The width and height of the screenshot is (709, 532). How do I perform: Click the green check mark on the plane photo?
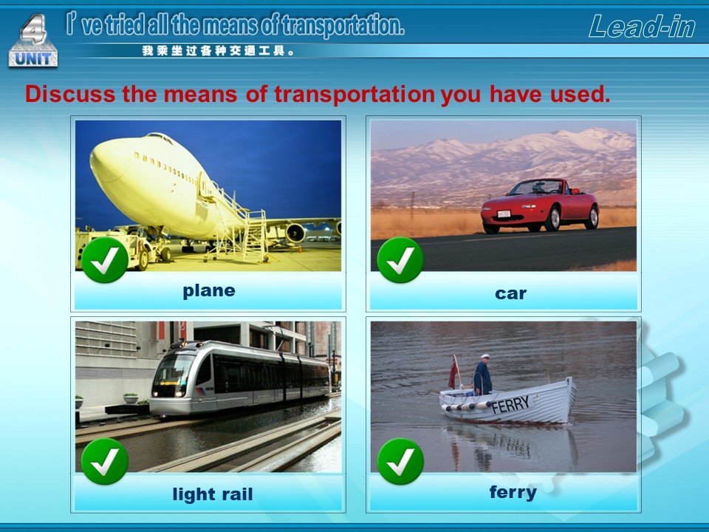(105, 260)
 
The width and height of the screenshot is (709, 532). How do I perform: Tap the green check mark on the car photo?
(400, 260)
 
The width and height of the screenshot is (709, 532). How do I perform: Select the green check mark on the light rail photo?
(105, 461)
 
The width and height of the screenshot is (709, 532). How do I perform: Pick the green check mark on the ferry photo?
(400, 461)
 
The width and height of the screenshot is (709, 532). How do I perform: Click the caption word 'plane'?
(209, 291)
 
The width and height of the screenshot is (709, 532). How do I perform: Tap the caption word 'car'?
(510, 293)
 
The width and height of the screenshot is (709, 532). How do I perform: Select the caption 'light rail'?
(213, 494)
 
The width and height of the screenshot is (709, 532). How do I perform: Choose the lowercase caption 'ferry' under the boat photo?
(513, 492)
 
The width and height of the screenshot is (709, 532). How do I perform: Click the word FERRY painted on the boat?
(510, 405)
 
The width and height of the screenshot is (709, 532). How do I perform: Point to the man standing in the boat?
(482, 375)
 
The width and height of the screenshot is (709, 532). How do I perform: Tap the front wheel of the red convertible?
(552, 219)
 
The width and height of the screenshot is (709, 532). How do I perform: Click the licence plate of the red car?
(504, 214)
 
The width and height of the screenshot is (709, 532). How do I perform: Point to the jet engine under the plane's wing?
(295, 233)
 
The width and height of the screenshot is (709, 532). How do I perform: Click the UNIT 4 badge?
(33, 41)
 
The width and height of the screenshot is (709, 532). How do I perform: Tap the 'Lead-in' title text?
(642, 27)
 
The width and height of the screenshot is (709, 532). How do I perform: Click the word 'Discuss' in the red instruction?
(70, 94)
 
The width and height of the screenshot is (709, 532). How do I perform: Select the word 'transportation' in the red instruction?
(354, 95)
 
